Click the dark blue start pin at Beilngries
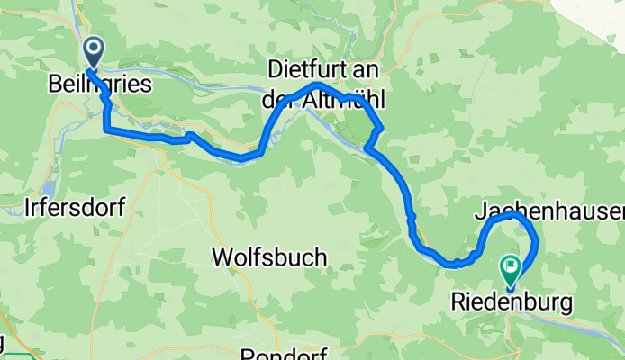coord(93,51)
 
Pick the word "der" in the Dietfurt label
coord(277,101)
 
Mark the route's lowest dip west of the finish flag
coord(453,265)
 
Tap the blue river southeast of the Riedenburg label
coord(585,329)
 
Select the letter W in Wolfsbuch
coord(221,257)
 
